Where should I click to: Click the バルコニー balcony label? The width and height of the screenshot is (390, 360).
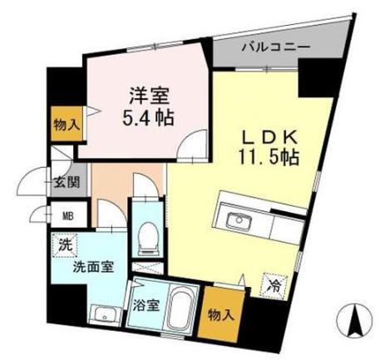[x=274, y=47]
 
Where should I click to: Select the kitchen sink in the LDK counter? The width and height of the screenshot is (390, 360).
[x=239, y=220]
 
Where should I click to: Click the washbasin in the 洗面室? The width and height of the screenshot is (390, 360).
[x=104, y=314]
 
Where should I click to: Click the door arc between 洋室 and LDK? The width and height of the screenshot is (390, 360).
[x=195, y=147]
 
